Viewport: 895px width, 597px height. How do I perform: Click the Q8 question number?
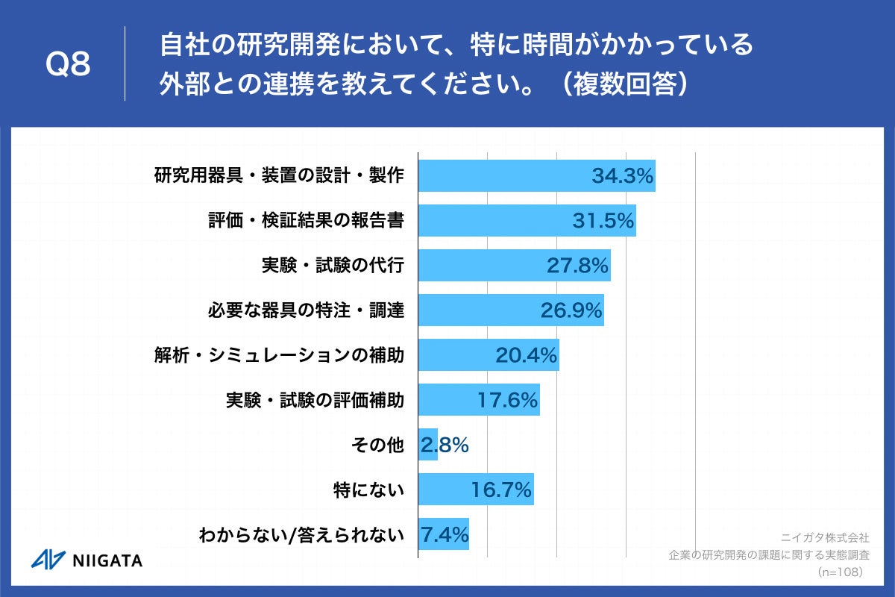click(68, 65)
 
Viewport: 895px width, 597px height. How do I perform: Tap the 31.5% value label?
click(603, 221)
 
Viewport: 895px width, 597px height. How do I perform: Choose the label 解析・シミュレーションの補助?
click(279, 355)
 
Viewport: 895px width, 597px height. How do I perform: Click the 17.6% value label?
click(508, 400)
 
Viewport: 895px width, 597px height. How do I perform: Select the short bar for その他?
click(427, 445)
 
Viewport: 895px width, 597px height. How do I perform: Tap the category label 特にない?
click(368, 490)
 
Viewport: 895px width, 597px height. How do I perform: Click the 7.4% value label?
click(445, 534)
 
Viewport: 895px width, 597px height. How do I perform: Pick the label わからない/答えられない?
click(301, 535)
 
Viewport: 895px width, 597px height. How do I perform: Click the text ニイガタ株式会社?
click(825, 537)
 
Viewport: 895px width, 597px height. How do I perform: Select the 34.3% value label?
click(623, 176)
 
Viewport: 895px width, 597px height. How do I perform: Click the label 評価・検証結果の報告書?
click(306, 221)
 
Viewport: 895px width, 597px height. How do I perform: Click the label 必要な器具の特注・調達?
click(306, 310)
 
